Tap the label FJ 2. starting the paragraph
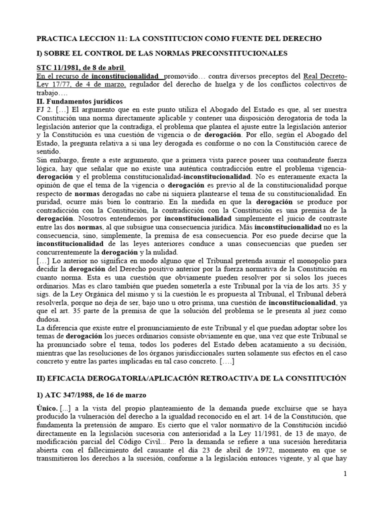[x=45, y=109]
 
